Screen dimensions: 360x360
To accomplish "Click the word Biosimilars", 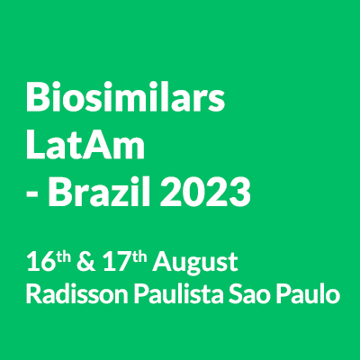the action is click(x=125, y=96).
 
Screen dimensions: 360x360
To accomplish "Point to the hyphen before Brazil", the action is click(x=31, y=195).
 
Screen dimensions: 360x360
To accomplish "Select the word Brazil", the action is click(x=99, y=192).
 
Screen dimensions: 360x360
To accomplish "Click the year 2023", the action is click(x=205, y=193).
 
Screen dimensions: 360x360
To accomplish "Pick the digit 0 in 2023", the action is click(x=193, y=193).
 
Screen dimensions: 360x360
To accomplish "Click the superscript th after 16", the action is click(x=64, y=257).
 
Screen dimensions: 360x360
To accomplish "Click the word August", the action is click(x=195, y=264).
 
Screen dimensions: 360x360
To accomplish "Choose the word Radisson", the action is click(x=77, y=293).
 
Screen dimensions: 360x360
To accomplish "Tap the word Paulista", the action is click(x=179, y=293).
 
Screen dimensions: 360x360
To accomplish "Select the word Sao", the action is click(x=249, y=293).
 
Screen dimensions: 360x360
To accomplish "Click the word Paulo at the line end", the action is click(x=308, y=293).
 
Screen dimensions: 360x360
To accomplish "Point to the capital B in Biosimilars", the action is click(x=38, y=97).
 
